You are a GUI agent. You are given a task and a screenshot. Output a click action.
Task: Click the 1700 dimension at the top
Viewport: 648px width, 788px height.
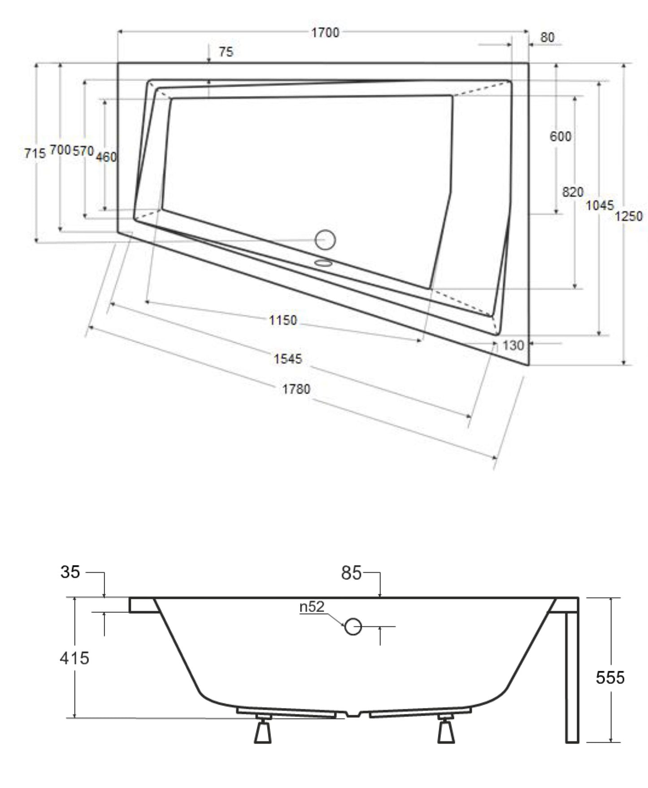(x=326, y=32)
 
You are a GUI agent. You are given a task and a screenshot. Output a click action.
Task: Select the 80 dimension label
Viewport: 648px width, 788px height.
(x=547, y=37)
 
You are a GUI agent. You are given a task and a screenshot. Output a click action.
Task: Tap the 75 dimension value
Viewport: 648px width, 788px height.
(x=226, y=52)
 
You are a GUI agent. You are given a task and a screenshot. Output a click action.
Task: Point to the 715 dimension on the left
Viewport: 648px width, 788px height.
(x=35, y=153)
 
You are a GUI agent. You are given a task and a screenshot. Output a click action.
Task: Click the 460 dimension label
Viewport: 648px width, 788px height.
(x=106, y=157)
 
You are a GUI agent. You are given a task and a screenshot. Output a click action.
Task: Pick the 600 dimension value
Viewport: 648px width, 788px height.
(x=561, y=136)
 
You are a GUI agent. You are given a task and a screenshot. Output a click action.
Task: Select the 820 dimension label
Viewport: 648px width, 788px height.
(x=573, y=192)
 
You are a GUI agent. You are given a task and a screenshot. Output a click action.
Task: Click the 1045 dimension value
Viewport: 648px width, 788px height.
(x=600, y=205)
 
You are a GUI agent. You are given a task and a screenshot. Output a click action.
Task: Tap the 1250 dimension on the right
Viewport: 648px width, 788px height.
(x=628, y=216)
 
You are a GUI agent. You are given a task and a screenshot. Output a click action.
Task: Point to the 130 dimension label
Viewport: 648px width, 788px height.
(x=513, y=345)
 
